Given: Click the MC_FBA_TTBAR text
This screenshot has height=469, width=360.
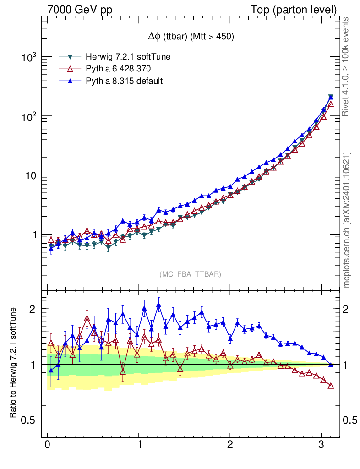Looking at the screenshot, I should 191,274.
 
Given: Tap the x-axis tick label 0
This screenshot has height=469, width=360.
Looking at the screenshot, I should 48,446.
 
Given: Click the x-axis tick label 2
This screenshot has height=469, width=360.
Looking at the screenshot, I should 230,446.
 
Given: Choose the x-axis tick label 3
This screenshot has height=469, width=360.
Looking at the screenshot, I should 322,446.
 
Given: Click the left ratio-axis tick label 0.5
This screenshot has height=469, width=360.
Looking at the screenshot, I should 30,420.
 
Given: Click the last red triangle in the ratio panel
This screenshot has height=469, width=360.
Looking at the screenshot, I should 331,386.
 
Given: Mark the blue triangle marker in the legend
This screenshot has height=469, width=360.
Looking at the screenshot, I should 71,81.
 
